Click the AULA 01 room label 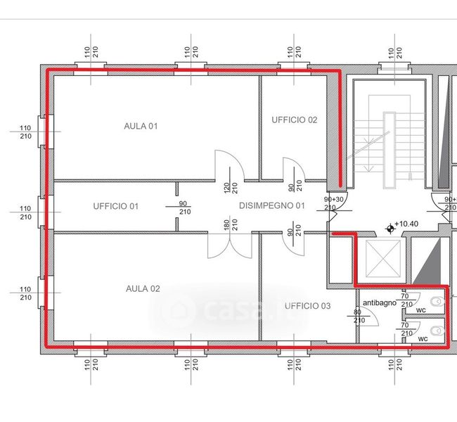tap(141, 126)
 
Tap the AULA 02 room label tap(143, 289)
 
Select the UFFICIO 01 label tap(116, 206)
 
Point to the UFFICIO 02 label tap(295, 120)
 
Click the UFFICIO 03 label tap(307, 306)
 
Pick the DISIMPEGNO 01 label tap(272, 205)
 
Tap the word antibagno tap(380, 303)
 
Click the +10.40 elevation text tap(406, 224)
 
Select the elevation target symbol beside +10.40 tap(390, 229)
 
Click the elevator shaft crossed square tap(383, 258)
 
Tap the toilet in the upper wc tap(438, 302)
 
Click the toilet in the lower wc tap(438, 331)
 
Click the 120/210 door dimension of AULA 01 tap(231, 188)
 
